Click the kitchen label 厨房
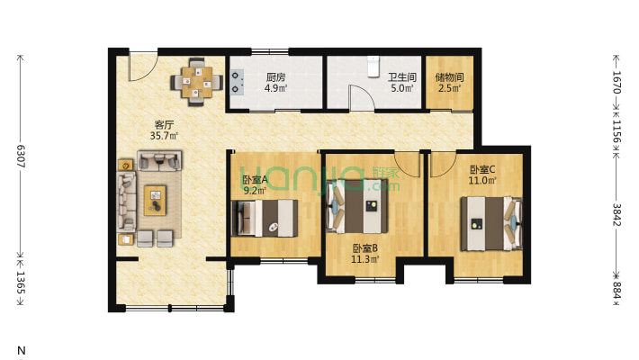276,77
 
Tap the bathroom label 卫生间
401,77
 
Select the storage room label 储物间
449,77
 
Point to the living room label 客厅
164,125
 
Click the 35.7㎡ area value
164,136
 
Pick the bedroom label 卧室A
255,180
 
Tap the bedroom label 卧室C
482,169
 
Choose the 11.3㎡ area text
365,258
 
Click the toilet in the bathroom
373,67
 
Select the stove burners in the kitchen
237,82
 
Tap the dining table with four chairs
196,83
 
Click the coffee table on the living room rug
156,200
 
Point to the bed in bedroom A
265,218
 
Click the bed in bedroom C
491,223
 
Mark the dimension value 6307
21,156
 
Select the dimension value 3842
616,215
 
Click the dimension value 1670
616,82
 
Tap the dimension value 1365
21,283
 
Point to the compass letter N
22,350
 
